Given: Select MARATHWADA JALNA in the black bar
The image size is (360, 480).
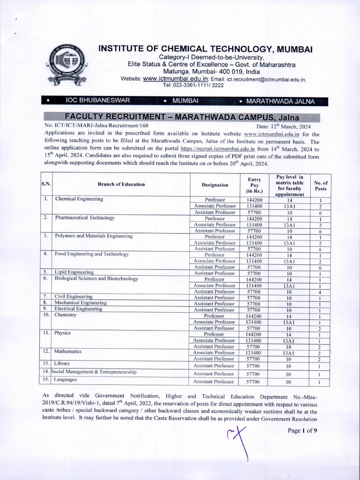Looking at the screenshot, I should (280, 101).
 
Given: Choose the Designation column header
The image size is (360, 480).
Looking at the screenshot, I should (215, 185).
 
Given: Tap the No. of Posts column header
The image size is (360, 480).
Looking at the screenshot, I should (321, 185).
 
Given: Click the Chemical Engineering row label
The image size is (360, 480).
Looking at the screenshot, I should (79, 199).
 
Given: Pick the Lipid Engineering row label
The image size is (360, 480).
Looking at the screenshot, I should (74, 272).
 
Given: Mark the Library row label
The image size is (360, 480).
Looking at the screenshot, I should (62, 363).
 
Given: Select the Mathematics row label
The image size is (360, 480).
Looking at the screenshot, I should (68, 351).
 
